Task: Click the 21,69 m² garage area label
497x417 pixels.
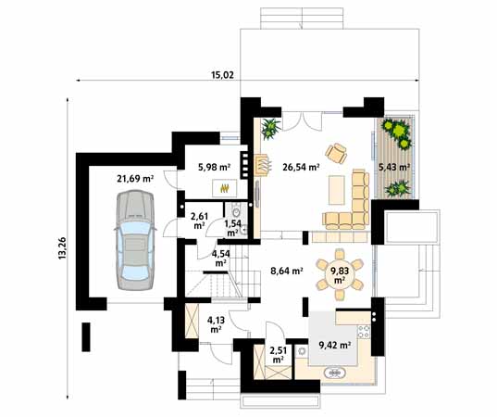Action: tap(135, 179)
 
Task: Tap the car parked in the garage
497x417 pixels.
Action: tap(135, 240)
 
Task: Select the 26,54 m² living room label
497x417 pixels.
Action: tap(301, 167)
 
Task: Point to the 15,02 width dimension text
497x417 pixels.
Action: tap(222, 75)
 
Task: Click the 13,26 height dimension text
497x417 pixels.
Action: tap(62, 248)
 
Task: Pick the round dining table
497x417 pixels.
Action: tap(339, 274)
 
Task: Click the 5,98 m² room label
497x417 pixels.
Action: tap(214, 167)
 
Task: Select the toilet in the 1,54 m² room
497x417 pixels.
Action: tap(236, 211)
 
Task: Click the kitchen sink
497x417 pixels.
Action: tap(333, 373)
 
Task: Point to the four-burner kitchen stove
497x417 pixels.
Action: tap(364, 332)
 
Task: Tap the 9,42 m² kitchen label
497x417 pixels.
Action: tap(335, 345)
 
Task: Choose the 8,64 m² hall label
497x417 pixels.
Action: tap(287, 271)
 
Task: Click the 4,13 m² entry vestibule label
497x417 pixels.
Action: tap(216, 324)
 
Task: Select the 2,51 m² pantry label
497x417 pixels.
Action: tap(278, 355)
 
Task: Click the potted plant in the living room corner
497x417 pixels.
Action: tap(270, 128)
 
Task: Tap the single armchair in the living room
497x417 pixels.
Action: tap(336, 153)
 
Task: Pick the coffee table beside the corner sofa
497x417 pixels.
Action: tap(337, 190)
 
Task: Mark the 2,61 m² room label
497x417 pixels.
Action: tap(199, 221)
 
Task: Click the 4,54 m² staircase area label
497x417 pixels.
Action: tap(220, 258)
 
